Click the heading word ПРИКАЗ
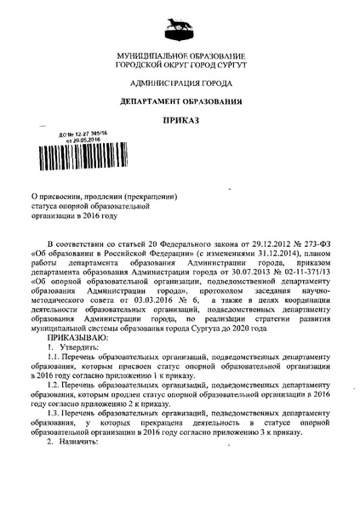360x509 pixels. pyautogui.click(x=180, y=120)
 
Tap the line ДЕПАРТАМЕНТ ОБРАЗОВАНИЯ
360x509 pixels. pyautogui.click(x=180, y=101)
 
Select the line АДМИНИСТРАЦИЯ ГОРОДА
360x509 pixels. pyautogui.click(x=180, y=83)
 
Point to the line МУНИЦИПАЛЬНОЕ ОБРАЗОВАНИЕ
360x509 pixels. pyautogui.click(x=180, y=56)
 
